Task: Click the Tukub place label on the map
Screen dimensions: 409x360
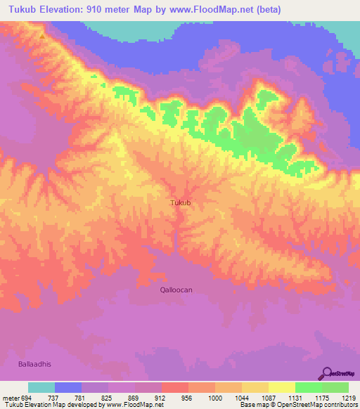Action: click(181, 202)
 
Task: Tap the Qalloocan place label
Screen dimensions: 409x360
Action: click(176, 289)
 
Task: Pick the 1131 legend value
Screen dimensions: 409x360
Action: click(295, 398)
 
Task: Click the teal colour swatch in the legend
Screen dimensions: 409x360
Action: click(41, 387)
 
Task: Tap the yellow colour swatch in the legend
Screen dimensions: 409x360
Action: click(281, 387)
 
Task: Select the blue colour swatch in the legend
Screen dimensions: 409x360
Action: click(68, 387)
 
